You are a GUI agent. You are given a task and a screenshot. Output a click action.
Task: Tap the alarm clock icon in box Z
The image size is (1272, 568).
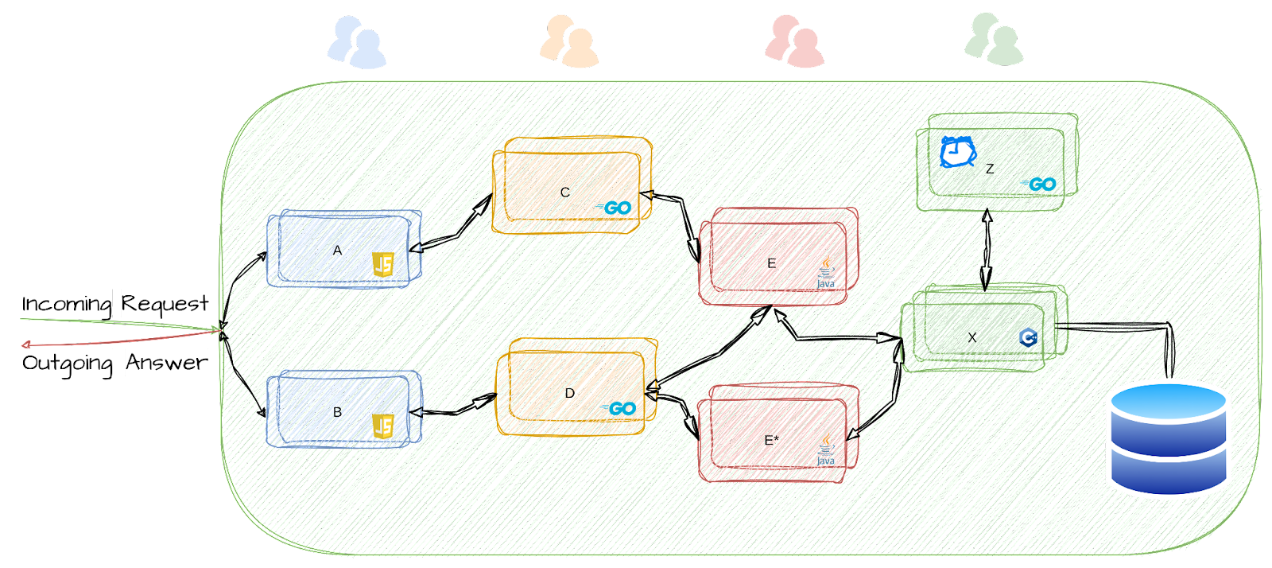coord(957,152)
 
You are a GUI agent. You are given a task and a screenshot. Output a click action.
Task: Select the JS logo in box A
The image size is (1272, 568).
coord(383,264)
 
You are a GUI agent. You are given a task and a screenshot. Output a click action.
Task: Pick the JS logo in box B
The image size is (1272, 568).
coord(383,426)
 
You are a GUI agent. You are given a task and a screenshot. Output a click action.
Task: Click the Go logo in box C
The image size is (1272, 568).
coord(617,208)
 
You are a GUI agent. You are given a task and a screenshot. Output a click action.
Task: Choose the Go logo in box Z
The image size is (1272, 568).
coord(1041,185)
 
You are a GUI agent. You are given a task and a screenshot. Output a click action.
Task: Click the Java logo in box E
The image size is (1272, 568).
coord(826,273)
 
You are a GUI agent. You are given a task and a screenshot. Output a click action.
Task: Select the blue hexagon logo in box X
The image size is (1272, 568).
coord(1028,337)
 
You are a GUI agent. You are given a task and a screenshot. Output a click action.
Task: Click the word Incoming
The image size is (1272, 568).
coord(67,304)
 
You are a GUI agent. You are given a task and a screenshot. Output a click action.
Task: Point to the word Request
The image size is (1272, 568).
coord(165,304)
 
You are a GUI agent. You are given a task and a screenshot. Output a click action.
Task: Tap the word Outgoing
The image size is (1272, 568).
coord(67,363)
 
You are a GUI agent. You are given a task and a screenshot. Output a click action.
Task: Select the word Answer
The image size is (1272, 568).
coord(167,363)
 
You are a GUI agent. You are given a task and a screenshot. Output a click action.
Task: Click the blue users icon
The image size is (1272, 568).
coord(356,43)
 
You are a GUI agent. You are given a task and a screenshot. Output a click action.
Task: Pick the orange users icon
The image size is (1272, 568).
coord(568,41)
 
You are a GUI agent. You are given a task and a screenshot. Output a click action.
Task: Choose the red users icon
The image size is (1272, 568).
coord(794,41)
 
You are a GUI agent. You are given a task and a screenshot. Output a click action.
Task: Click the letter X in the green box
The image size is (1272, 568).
coord(972,338)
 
